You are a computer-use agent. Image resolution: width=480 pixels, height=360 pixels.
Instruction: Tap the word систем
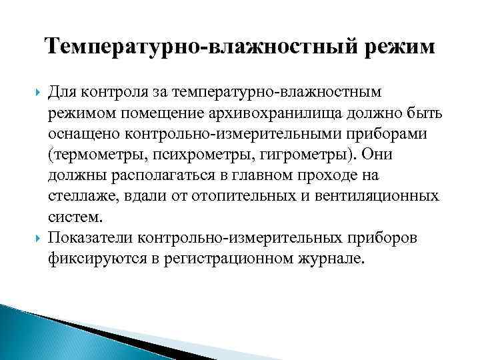[x=75, y=217]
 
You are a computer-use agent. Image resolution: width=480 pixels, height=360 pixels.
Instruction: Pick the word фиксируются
[x=93, y=260]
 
